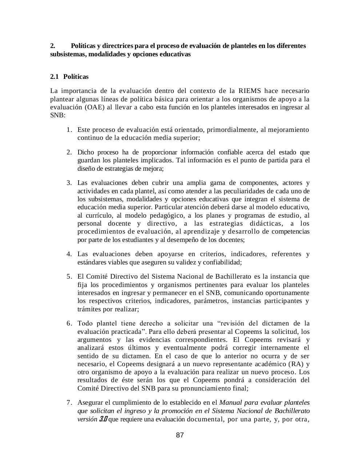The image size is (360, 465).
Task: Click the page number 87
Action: point(180,435)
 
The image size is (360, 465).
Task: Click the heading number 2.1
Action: point(54,77)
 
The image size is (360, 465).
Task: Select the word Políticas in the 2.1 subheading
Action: point(76,77)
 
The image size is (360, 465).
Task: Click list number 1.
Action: point(69,130)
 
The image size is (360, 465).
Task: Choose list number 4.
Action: point(69,254)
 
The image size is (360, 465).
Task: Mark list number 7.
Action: point(69,403)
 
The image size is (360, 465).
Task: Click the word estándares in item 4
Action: point(91,262)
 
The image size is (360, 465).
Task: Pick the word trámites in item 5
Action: point(89,309)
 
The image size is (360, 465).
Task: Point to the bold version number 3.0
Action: point(103,419)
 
